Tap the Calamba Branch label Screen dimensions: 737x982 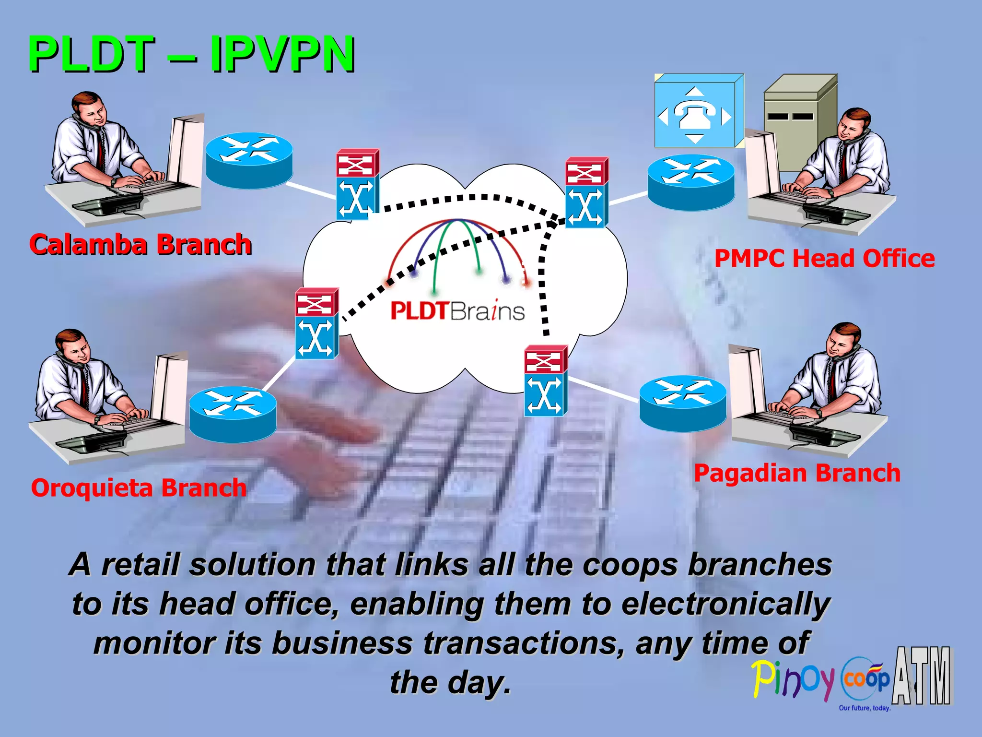[140, 244]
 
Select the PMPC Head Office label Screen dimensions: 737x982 [824, 258]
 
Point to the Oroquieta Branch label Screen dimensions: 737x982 [139, 487]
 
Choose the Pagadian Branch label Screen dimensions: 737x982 [797, 473]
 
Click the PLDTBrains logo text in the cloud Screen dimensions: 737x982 [457, 311]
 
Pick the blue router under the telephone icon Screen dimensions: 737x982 [690, 182]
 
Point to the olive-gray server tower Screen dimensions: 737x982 [798, 120]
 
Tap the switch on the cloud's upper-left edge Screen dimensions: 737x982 [357, 184]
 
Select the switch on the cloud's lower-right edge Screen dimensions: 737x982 [546, 380]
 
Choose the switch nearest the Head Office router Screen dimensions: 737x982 [586, 192]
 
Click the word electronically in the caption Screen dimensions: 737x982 [725, 604]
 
